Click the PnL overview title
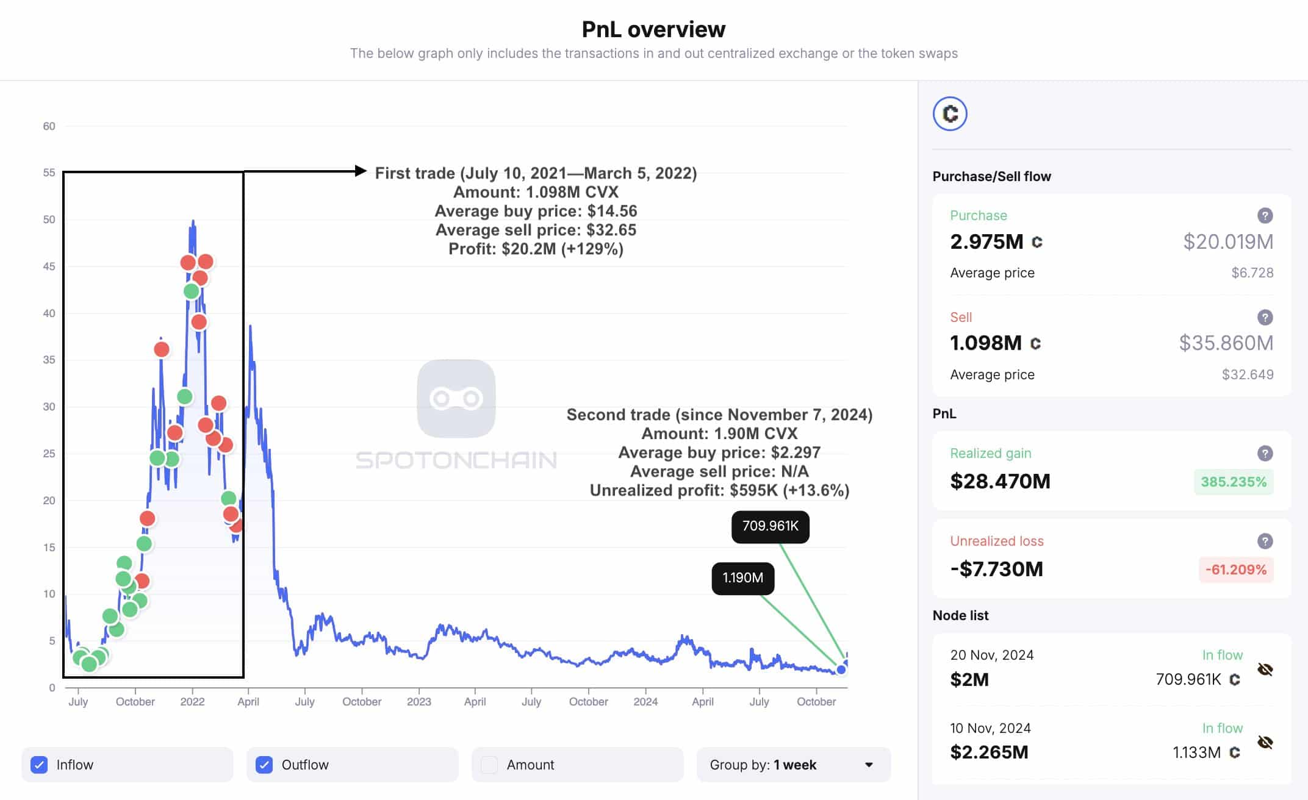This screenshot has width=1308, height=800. [x=653, y=29]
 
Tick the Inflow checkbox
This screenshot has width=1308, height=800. [x=39, y=765]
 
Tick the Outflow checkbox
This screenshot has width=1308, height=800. [x=264, y=765]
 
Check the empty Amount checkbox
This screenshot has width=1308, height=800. [x=489, y=765]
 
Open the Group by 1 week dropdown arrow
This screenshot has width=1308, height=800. [x=869, y=765]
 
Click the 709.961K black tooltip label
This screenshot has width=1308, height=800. [x=770, y=526]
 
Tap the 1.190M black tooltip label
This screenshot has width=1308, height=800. [x=742, y=578]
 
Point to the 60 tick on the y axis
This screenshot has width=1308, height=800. [x=49, y=126]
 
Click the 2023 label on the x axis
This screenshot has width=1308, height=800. [x=419, y=702]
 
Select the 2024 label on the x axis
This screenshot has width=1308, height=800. [x=645, y=702]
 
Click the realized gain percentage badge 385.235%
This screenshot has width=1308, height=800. [x=1233, y=482]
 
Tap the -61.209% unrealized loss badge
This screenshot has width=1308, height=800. [x=1235, y=570]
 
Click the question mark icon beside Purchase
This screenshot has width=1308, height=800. [x=1265, y=215]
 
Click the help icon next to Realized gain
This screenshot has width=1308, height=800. [x=1265, y=453]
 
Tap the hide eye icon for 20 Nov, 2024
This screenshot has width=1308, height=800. [x=1265, y=670]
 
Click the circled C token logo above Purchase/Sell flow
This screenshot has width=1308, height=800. [x=950, y=114]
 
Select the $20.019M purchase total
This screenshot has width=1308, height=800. [x=1228, y=242]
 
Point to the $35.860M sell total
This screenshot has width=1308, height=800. [x=1226, y=343]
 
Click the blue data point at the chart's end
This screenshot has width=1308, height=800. [x=841, y=670]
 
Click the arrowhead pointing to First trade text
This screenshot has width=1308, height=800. [x=361, y=171]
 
